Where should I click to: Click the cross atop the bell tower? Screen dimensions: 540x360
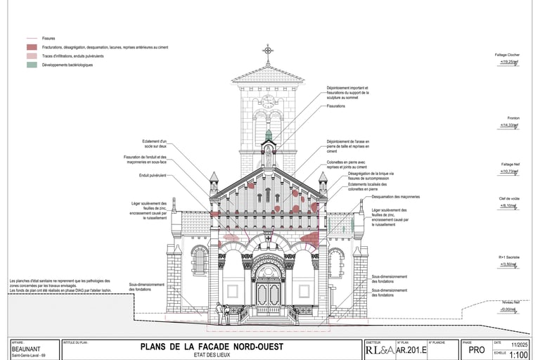click(x=268, y=51)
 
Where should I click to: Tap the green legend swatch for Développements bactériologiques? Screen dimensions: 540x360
click(x=31, y=65)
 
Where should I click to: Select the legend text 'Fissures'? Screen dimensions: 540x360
click(x=49, y=39)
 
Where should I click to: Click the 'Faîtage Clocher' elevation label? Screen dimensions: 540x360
click(x=507, y=54)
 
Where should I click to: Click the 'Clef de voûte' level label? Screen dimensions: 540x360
click(x=508, y=199)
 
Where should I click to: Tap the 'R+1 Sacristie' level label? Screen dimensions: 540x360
click(x=508, y=258)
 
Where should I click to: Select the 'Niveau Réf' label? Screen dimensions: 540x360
click(x=509, y=302)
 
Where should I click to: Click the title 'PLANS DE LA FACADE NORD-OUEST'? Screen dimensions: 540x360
click(x=212, y=346)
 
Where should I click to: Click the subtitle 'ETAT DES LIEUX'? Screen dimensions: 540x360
click(x=212, y=354)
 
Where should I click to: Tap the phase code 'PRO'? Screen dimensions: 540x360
click(x=476, y=349)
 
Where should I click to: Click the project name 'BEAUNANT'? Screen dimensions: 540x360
click(x=27, y=349)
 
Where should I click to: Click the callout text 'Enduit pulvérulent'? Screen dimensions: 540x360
click(x=153, y=174)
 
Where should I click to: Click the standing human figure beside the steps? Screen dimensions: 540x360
click(x=219, y=312)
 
